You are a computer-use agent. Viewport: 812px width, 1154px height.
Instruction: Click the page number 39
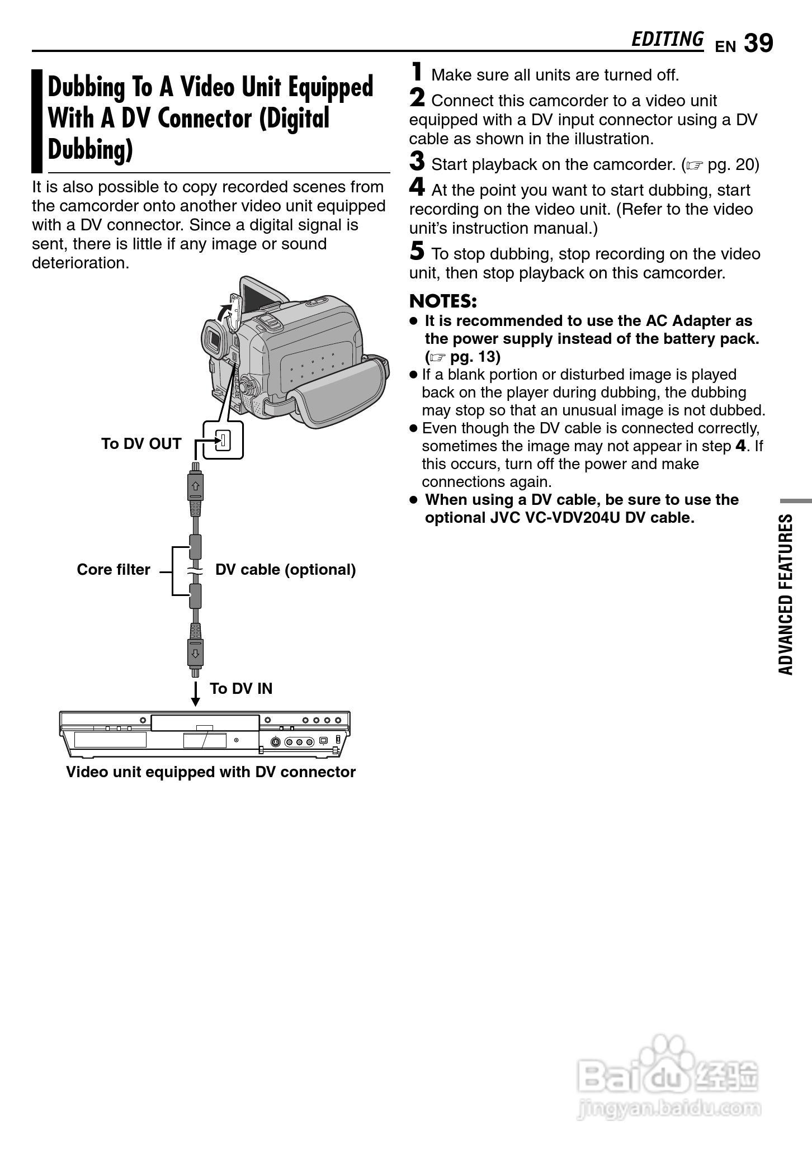(758, 44)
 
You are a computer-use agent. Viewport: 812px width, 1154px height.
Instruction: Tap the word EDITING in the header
(667, 39)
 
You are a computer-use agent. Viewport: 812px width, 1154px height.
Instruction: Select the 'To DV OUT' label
(141, 443)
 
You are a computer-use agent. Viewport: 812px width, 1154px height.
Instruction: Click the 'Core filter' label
(114, 569)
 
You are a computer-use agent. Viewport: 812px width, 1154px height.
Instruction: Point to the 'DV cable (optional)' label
(285, 569)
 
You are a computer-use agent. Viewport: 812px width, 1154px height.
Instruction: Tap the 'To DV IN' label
(241, 688)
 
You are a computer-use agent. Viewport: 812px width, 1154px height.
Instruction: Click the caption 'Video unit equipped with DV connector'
(211, 772)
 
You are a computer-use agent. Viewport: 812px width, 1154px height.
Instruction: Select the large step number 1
(417, 72)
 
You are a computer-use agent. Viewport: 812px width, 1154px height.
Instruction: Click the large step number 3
(417, 162)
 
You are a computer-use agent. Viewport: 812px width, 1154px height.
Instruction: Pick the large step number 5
(417, 251)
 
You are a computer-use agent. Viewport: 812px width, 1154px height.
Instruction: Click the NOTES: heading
(443, 301)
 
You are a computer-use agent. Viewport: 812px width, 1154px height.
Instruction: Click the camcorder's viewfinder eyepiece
(213, 341)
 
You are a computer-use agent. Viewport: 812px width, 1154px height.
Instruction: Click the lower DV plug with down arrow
(195, 649)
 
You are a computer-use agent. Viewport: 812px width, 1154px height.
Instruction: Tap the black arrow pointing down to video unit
(195, 694)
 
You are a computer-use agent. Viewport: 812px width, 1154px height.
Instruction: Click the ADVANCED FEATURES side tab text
(786, 594)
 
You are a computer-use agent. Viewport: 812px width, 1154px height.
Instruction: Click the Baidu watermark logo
(668, 1076)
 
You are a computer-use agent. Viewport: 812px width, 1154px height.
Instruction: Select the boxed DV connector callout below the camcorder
(223, 441)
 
